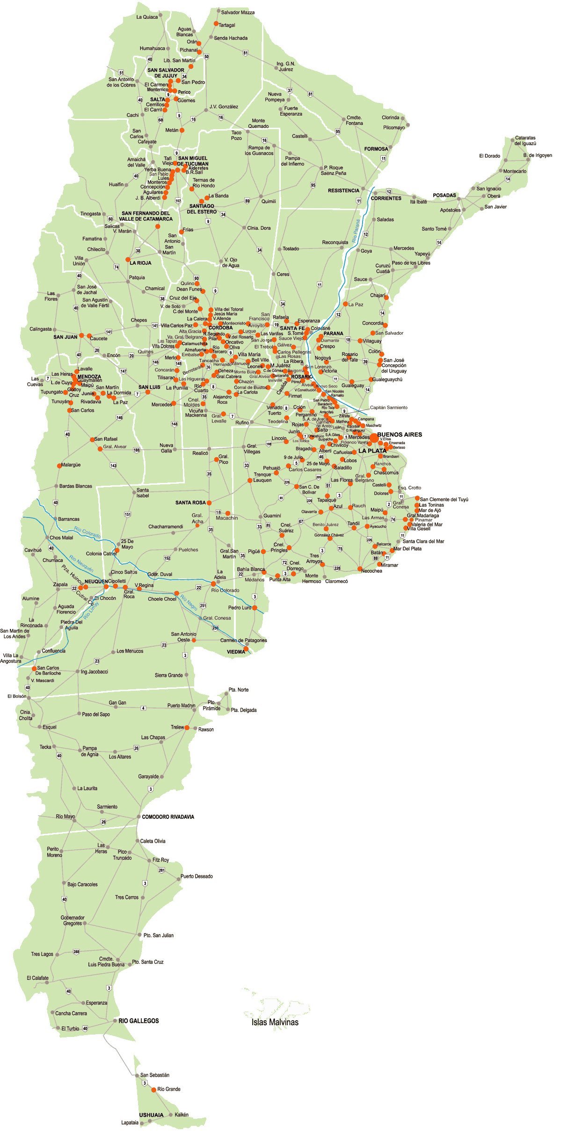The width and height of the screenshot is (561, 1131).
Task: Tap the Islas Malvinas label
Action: click(275, 1022)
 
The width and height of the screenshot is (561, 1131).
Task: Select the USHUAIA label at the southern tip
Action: click(151, 1115)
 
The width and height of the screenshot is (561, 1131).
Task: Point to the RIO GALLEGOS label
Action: click(138, 1021)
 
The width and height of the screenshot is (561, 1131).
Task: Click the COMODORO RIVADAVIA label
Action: click(168, 817)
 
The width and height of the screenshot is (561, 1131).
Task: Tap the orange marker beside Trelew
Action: click(187, 728)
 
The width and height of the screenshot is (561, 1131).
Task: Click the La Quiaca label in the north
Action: click(147, 17)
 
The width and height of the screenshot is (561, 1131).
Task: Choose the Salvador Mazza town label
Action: click(238, 12)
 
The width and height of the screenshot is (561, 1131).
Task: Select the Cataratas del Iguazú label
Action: click(525, 141)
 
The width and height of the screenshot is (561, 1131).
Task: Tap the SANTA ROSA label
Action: click(190, 503)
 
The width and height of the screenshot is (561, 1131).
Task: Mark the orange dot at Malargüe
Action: click(58, 466)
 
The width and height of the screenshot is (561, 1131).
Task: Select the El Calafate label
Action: click(37, 978)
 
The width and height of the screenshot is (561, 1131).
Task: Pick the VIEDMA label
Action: click(236, 651)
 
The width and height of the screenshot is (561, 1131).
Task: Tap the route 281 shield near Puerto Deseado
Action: click(162, 870)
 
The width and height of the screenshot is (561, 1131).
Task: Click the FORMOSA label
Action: click(376, 149)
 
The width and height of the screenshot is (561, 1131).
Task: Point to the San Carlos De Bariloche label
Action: click(49, 670)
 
